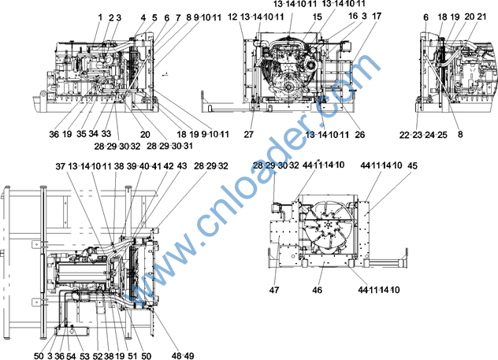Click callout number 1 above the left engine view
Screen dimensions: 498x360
(x=100, y=17)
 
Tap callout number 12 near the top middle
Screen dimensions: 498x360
(x=232, y=17)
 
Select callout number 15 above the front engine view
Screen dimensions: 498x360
(x=318, y=17)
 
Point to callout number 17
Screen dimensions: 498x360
(x=377, y=16)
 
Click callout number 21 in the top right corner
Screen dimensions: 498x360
(x=481, y=17)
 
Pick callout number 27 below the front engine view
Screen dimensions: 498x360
(x=249, y=135)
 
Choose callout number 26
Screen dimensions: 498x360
(x=359, y=135)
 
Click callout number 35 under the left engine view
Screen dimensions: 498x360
(x=81, y=134)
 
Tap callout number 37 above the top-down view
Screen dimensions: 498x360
(x=61, y=166)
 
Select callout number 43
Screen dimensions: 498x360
(x=182, y=165)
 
